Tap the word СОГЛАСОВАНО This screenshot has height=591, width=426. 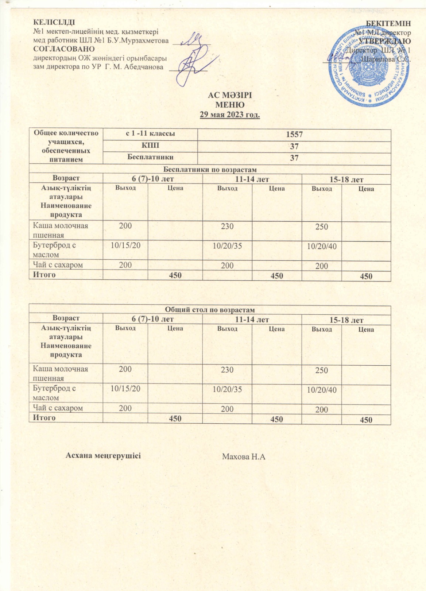tap(64, 49)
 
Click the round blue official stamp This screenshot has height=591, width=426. tap(369, 66)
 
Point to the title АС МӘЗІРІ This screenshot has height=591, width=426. tap(230, 95)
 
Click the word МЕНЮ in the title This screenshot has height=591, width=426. tap(230, 105)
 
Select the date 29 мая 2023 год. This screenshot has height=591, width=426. tap(230, 115)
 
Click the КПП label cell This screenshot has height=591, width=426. tap(150, 146)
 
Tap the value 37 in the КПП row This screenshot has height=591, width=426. tap(294, 147)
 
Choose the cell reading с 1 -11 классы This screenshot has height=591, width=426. tap(150, 134)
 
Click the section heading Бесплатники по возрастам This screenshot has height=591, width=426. tap(210, 169)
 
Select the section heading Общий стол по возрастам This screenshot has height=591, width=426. tap(210, 310)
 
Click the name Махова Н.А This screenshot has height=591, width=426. tap(244, 457)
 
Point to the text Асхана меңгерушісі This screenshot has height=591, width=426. tap(103, 455)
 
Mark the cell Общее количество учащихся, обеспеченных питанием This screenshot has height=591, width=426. tap(66, 146)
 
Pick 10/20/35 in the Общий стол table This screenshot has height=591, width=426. tap(227, 389)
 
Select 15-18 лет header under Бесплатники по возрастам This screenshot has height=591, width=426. tap(346, 180)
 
